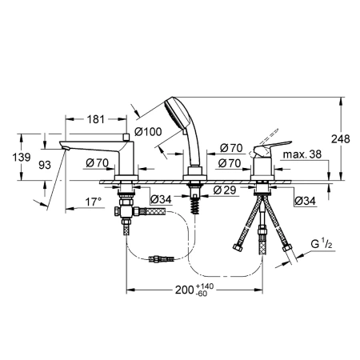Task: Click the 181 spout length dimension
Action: point(96,119)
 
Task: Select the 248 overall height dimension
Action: point(340,138)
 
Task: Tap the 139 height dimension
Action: point(22,157)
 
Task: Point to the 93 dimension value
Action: point(45,165)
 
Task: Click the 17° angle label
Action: point(94,202)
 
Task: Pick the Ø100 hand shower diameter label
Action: point(148,131)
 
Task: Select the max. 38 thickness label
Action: point(302,154)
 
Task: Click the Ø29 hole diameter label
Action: point(225,190)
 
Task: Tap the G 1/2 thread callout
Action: point(322,244)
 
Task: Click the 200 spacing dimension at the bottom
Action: point(184,290)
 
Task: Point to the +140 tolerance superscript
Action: point(205,286)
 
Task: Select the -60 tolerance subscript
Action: point(202,294)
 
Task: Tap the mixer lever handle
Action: point(272,147)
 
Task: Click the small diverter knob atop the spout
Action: point(126,137)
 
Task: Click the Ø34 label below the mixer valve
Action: point(305,201)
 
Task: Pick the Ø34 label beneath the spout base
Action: point(161,199)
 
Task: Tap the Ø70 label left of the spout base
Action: point(98,162)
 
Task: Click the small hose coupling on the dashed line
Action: point(162,258)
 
